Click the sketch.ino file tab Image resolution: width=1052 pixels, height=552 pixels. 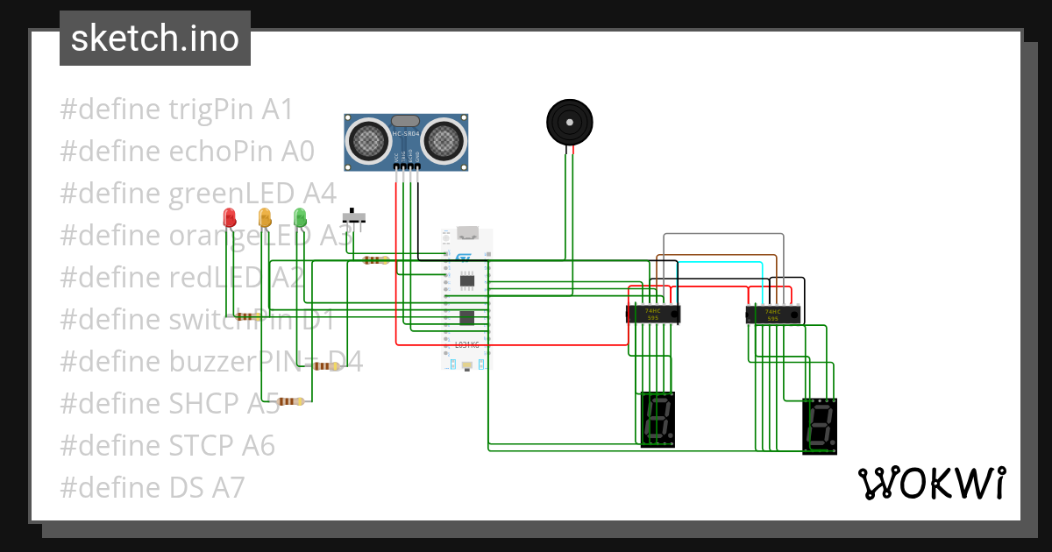(155, 39)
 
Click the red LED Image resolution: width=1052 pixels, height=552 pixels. (230, 217)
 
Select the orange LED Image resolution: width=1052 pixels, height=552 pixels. (265, 217)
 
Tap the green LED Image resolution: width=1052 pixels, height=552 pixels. (300, 217)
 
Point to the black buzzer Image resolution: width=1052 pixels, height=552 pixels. (569, 121)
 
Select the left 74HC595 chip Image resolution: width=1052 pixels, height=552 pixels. (653, 314)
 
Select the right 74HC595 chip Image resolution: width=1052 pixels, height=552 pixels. (773, 314)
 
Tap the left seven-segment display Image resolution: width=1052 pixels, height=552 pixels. (658, 419)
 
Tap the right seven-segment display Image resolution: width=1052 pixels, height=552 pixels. (820, 426)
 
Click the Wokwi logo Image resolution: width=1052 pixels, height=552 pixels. (931, 483)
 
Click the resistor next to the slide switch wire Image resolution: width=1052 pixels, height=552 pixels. (376, 259)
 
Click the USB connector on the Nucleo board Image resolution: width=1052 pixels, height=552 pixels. (466, 234)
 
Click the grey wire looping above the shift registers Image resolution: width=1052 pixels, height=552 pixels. (723, 235)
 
